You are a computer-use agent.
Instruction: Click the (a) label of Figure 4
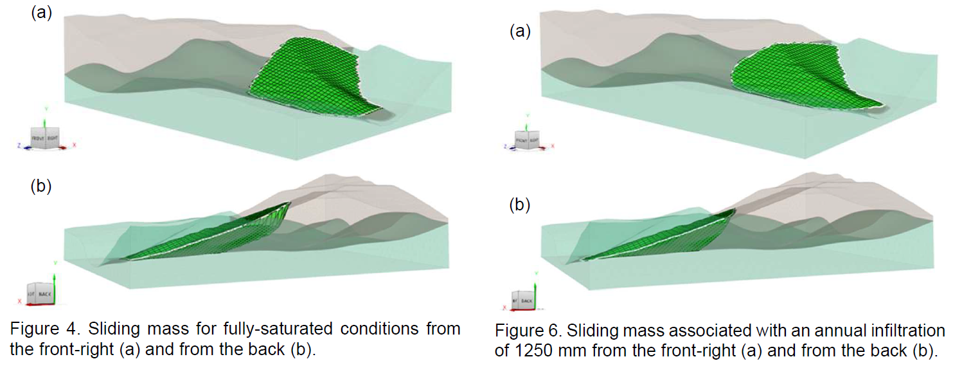(41, 13)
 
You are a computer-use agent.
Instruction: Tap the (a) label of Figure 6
(521, 31)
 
